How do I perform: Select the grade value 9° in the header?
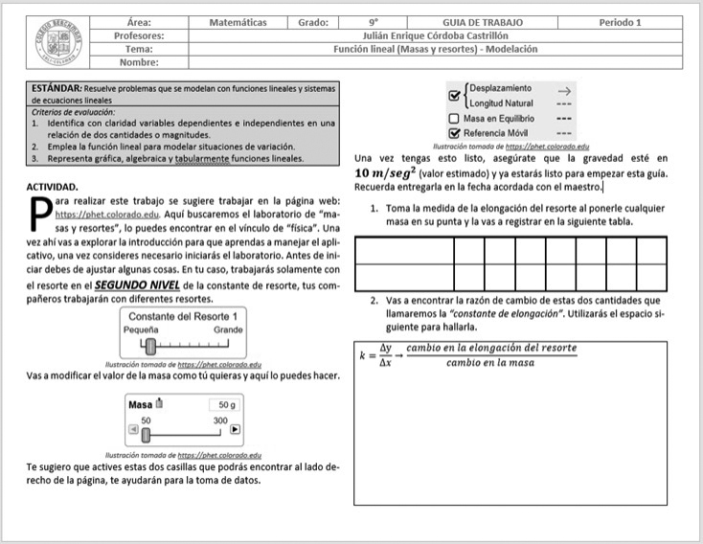coord(374,22)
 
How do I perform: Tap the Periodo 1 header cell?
coord(621,22)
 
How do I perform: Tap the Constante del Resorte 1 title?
coord(182,315)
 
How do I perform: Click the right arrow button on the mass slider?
coord(235,430)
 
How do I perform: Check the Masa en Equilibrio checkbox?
coord(455,119)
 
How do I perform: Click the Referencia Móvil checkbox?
coord(455,134)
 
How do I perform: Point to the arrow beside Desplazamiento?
coord(564,89)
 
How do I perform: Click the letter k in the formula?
coord(362,355)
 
